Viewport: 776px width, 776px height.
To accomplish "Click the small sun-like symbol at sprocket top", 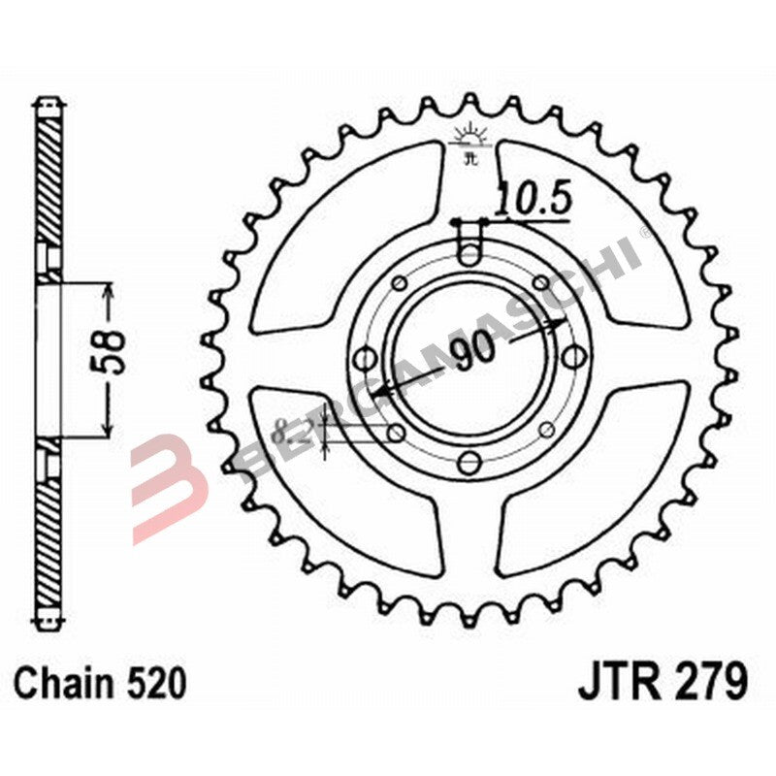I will coord(471,135).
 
